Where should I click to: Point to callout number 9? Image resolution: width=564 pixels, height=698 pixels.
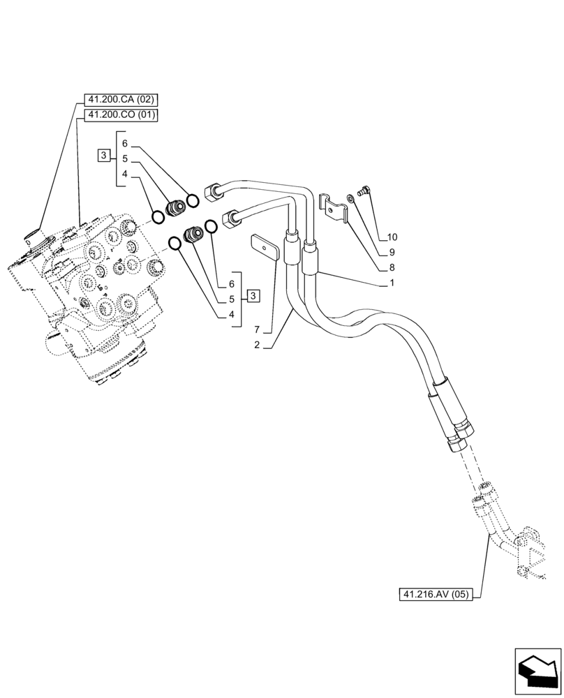coord(392,252)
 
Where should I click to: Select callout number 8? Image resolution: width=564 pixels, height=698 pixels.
coord(392,267)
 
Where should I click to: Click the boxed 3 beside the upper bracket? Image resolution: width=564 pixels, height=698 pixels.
coord(103,155)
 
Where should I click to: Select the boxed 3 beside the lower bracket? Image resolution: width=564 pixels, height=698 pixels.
coord(252,296)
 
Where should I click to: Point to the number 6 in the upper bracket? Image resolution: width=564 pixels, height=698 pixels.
coord(124,143)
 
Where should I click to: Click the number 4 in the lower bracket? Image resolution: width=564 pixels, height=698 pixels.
coord(231,314)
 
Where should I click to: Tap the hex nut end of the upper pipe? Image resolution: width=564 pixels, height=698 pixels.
coord(212,189)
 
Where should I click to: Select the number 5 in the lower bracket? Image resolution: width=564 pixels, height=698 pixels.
coord(231,299)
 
